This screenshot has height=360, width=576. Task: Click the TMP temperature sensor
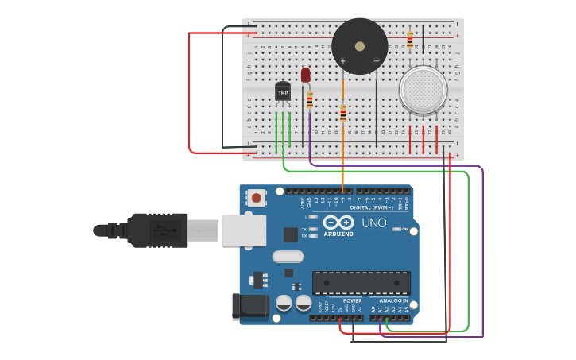pos(283,92)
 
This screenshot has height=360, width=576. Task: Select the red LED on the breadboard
pos(306,75)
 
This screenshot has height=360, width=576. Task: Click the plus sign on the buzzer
pos(343,61)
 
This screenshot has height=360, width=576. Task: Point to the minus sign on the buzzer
pos(376,61)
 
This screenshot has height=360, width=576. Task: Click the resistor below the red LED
pos(310,100)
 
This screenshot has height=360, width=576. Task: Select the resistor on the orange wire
pos(342,114)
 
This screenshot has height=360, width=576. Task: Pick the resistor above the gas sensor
pos(410,40)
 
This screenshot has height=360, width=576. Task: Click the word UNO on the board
pos(373,223)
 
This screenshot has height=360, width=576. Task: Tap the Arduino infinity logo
pos(338,223)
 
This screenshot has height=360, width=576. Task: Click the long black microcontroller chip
pos(361,282)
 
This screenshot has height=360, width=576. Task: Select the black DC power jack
pos(248,307)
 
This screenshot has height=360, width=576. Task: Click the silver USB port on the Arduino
pos(243,229)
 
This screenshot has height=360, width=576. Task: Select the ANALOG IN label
pos(393,301)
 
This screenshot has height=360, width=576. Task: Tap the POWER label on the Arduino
pos(352,301)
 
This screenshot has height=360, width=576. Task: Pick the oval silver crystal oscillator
pos(288,256)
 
